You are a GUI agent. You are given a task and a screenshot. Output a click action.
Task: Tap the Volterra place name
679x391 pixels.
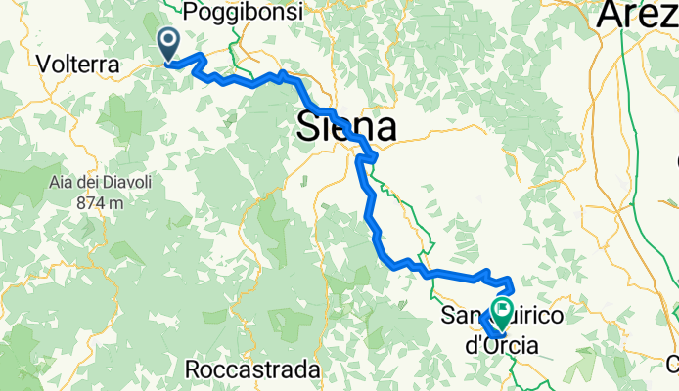[77, 64]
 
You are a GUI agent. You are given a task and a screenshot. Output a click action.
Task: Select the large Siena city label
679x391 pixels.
[347, 127]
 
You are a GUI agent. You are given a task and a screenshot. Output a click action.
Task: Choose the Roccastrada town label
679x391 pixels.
[253, 370]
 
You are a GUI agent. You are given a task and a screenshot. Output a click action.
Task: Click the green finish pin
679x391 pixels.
[504, 315]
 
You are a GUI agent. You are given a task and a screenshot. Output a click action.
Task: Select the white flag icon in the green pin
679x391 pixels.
[504, 310]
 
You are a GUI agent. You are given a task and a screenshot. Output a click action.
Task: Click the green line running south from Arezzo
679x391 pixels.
[627, 147]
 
